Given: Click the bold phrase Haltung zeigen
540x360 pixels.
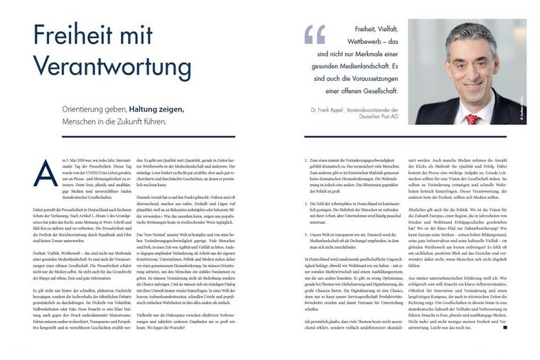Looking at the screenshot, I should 156,109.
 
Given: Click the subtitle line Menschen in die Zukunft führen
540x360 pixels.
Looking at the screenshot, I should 121,121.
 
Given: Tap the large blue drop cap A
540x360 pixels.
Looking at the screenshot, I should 45,173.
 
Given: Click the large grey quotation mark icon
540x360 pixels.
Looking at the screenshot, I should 315,34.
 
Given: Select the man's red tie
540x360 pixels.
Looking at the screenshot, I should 471,118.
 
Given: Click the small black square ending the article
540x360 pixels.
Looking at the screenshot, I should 504,329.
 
